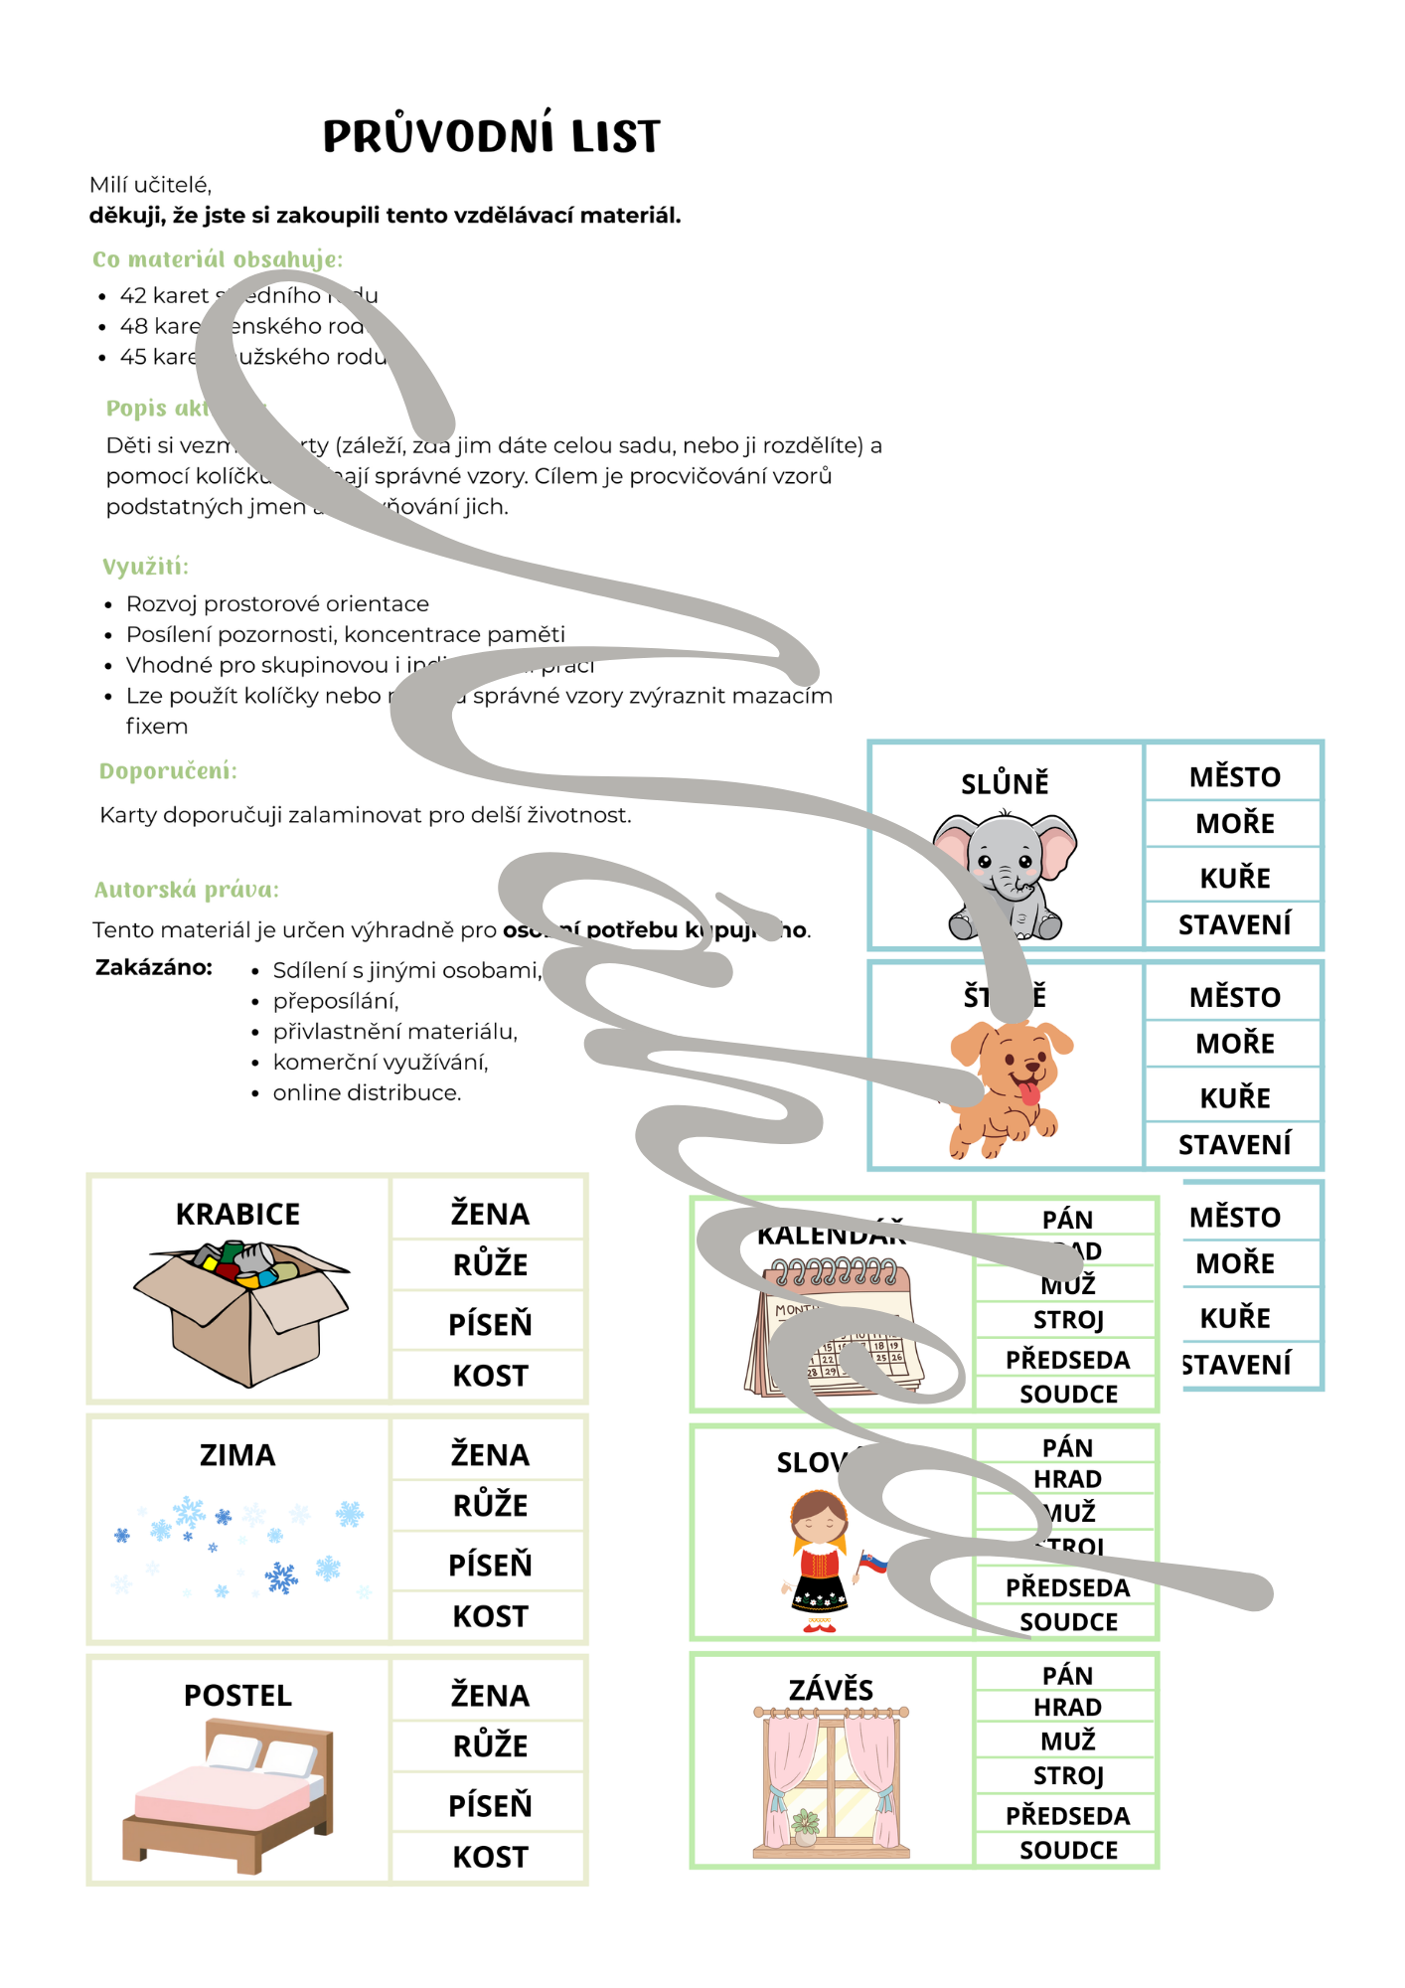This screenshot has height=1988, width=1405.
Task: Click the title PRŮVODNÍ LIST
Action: click(491, 136)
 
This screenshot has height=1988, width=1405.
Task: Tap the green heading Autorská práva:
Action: click(186, 890)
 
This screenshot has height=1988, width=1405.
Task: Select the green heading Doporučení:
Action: click(168, 771)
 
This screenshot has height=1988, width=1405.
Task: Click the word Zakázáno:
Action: click(154, 967)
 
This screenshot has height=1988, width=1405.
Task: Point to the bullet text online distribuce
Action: click(367, 1092)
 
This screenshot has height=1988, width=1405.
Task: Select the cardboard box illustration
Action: click(241, 1310)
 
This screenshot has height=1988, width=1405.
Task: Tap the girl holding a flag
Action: click(822, 1562)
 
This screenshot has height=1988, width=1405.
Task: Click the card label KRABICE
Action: click(237, 1214)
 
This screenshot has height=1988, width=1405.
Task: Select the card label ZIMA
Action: click(237, 1455)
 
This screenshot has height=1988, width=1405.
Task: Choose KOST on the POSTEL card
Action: click(490, 1856)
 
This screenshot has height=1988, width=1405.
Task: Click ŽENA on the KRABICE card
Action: click(490, 1214)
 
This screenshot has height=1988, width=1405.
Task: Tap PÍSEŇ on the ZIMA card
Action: click(490, 1565)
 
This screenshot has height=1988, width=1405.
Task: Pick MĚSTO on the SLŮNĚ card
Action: click(1234, 776)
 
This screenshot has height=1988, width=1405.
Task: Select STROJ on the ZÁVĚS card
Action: click(1068, 1775)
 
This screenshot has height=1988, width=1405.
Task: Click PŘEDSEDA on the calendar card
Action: click(1067, 1360)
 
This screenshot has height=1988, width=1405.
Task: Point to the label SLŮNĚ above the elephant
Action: click(1005, 783)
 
